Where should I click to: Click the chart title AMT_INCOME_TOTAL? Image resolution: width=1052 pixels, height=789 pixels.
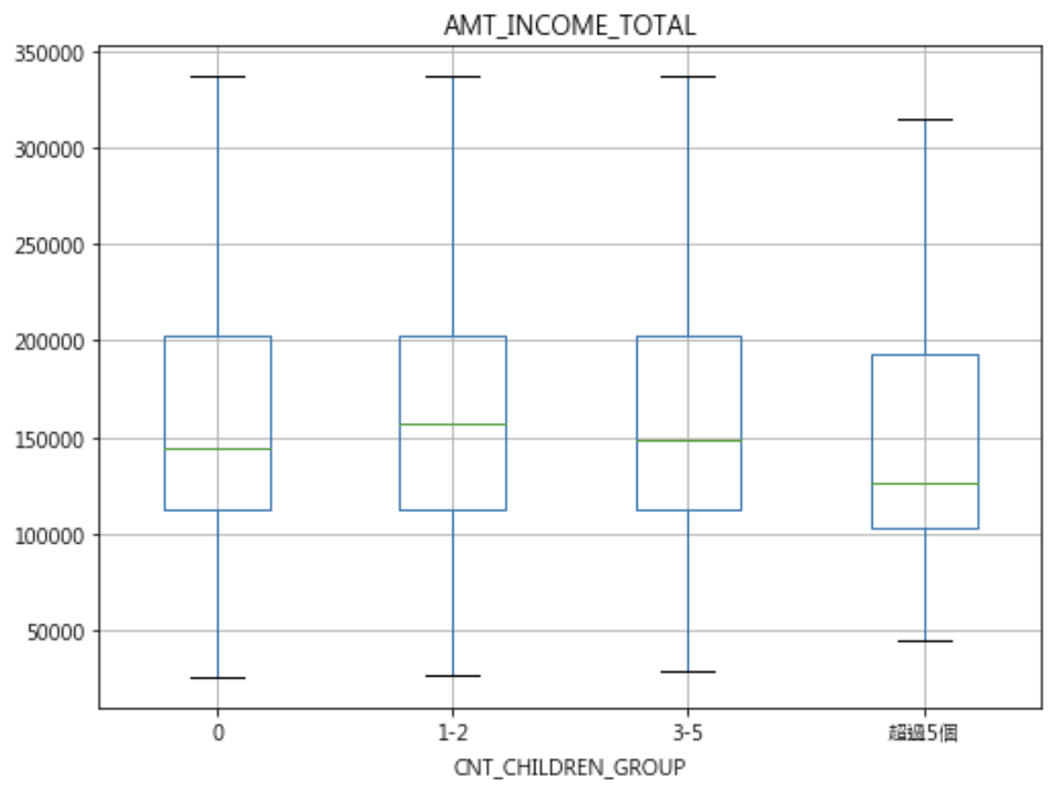pos(570,25)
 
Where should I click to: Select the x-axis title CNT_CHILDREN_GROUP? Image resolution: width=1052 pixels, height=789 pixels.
pos(570,767)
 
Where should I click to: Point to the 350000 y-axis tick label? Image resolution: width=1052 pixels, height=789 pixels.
pos(49,54)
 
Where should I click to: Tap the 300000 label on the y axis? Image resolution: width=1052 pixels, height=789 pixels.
pos(49,149)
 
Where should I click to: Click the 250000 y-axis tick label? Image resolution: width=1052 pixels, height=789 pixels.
pos(49,245)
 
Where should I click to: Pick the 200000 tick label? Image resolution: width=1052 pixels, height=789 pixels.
pos(49,341)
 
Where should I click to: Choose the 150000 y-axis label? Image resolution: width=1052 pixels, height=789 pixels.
pos(49,440)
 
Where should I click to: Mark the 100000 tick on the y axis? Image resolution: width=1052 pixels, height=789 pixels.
pos(49,536)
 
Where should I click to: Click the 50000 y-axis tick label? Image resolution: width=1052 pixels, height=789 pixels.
pos(56,632)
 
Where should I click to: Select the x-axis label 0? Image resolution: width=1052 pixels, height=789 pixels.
pos(218,732)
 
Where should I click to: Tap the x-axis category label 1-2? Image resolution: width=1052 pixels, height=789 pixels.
pos(453,732)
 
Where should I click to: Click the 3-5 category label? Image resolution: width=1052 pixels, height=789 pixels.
pos(688,732)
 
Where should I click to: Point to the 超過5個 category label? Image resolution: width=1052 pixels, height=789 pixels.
pos(924,732)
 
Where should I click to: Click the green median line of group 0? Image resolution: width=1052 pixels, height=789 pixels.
pos(218,449)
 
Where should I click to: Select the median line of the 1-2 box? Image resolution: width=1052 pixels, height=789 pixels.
pos(453,425)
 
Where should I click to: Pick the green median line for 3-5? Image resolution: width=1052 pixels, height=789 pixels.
pos(689,441)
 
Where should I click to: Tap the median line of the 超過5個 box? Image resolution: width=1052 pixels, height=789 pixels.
pos(926,484)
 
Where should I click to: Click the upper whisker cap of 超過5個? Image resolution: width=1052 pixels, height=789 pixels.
pos(926,120)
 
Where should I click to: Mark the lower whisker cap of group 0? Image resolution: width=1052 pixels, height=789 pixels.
pos(218,678)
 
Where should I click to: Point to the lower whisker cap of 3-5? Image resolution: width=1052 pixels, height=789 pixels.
pos(689,672)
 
